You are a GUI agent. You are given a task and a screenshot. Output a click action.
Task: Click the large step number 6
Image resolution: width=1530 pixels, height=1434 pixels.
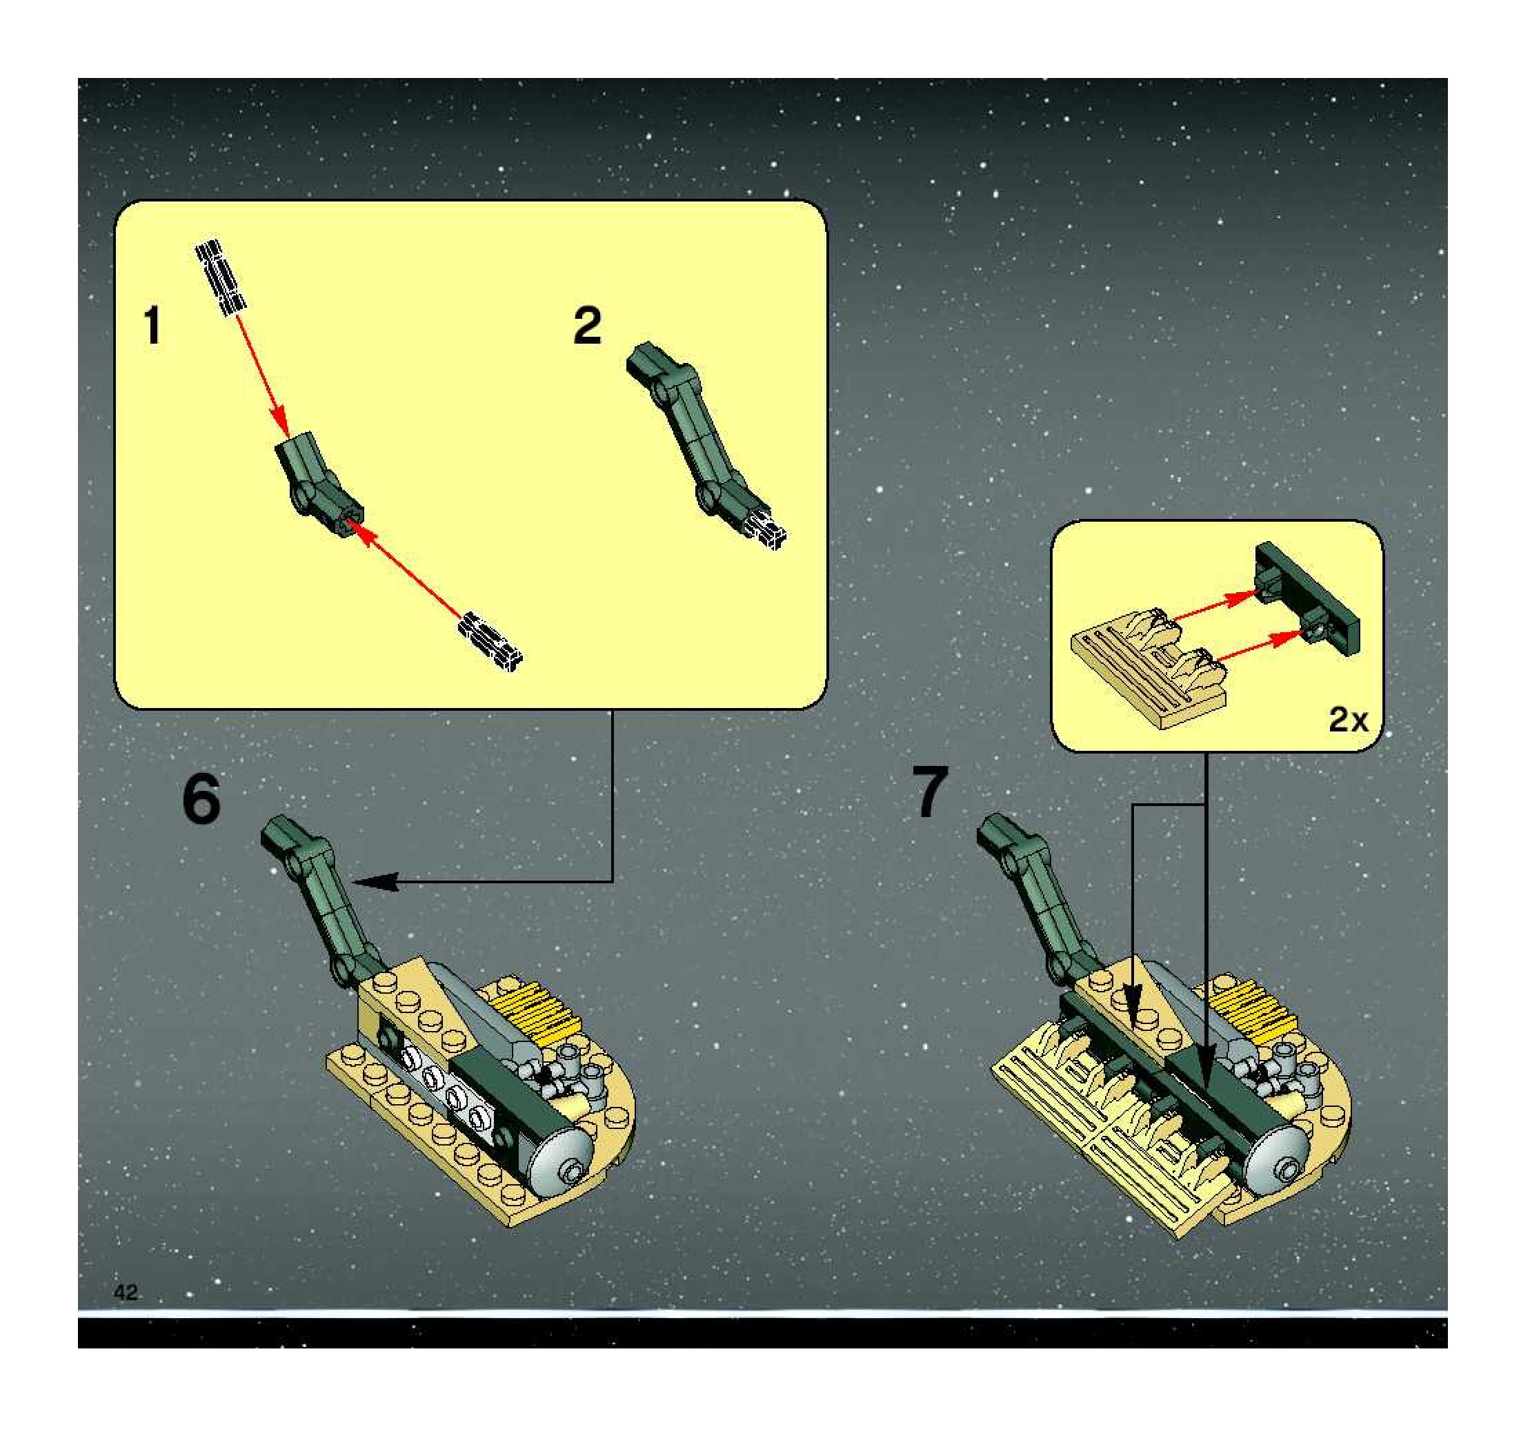click(x=201, y=800)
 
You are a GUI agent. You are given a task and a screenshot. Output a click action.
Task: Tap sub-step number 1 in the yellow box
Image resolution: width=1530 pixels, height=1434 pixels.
click(x=153, y=326)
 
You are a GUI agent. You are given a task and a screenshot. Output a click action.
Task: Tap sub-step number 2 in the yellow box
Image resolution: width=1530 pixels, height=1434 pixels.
click(x=587, y=326)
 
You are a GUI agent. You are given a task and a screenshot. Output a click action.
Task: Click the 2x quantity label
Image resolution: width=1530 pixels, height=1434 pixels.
click(x=1349, y=720)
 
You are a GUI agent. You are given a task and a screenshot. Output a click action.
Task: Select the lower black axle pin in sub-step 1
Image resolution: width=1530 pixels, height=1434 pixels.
click(x=490, y=640)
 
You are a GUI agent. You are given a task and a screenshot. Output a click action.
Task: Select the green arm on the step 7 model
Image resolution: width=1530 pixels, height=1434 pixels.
click(x=1035, y=896)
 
